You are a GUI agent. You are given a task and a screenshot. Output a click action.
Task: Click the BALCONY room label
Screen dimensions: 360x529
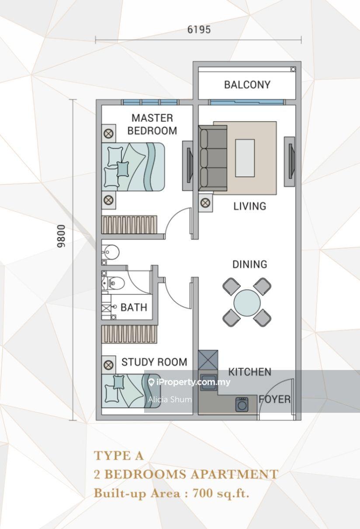247,85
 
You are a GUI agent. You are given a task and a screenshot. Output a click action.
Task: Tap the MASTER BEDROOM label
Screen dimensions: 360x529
152,124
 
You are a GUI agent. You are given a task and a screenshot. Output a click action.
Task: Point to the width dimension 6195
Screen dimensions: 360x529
199,30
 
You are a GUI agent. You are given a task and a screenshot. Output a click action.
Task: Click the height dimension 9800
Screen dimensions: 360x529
61,236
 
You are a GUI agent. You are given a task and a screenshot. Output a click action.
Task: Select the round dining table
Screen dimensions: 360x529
247,303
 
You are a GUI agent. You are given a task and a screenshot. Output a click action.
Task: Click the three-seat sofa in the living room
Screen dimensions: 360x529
212,158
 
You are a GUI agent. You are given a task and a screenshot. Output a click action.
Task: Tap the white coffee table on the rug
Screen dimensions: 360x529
245,158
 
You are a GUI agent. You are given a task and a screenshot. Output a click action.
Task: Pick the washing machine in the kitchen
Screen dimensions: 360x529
242,405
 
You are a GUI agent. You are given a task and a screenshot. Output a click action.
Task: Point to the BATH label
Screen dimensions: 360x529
134,308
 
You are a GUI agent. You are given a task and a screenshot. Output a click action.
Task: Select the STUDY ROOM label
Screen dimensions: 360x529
154,362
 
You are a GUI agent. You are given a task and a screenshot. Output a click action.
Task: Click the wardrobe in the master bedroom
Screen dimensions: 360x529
129,225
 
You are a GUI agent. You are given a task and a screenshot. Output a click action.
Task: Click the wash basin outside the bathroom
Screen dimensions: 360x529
111,252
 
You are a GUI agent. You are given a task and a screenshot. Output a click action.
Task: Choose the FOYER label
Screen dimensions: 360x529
275,399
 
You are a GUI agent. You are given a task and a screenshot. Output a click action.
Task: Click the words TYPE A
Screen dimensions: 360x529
119,456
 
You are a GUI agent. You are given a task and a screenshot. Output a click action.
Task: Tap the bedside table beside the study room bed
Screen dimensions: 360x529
109,365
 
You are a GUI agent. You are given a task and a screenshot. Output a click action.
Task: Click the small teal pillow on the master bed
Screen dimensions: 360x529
123,169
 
